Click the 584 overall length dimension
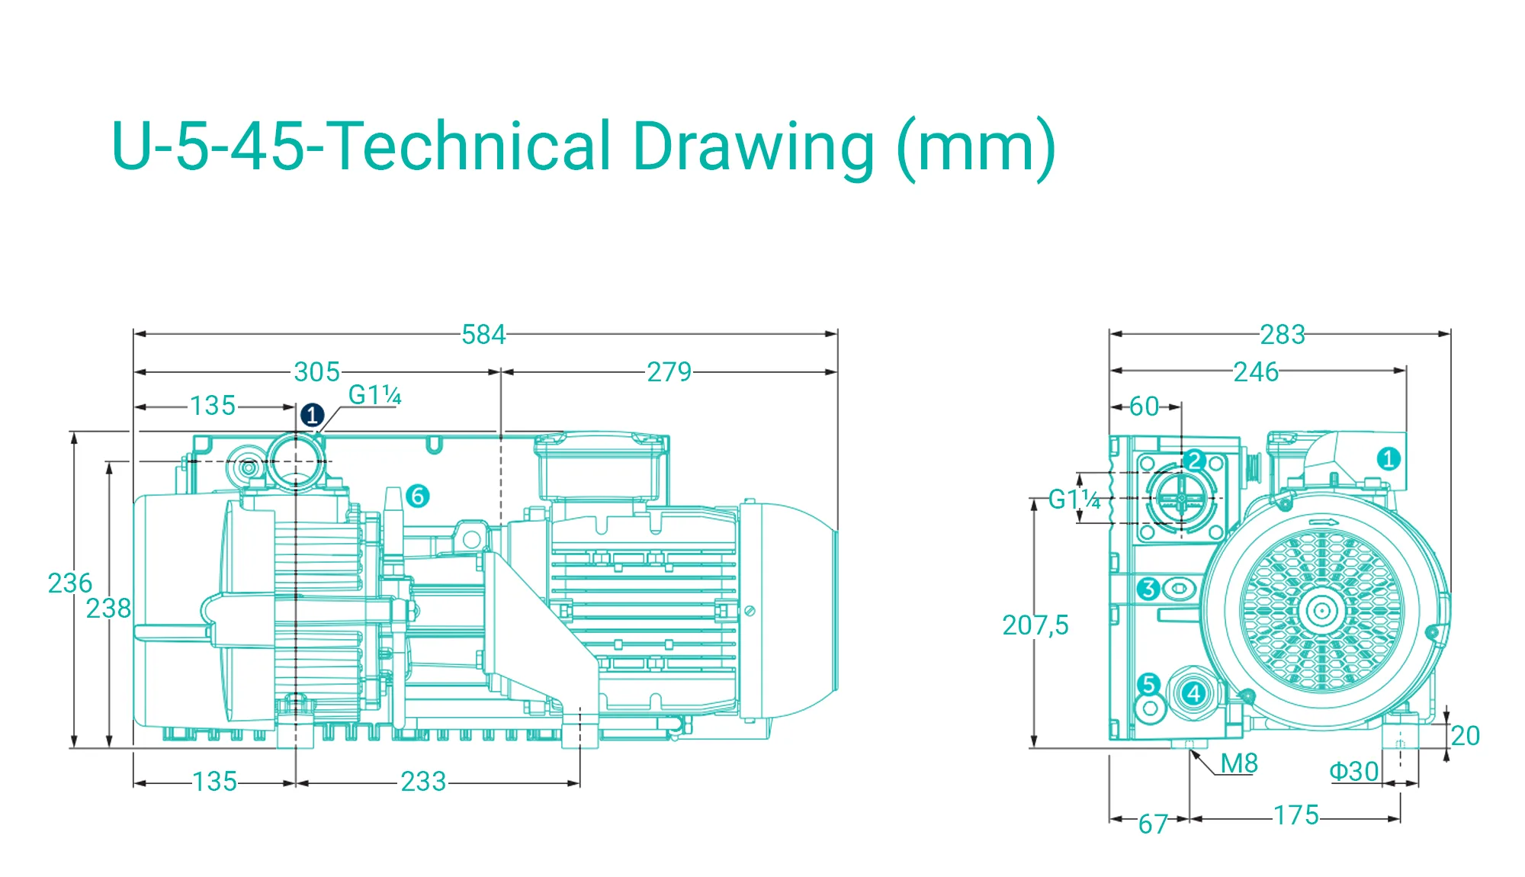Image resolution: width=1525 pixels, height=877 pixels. pyautogui.click(x=483, y=335)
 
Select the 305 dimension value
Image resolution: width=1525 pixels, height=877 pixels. pyautogui.click(x=317, y=372)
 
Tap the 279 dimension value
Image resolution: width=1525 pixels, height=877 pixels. pyautogui.click(x=669, y=372)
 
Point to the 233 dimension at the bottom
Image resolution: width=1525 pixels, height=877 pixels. pyautogui.click(x=424, y=782)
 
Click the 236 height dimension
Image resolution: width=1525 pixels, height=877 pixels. pyautogui.click(x=70, y=583)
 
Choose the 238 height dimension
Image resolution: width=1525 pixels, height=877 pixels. pyautogui.click(x=109, y=609)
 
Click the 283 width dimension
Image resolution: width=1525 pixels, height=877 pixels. pyautogui.click(x=1283, y=335)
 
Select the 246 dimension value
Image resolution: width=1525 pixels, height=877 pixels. pyautogui.click(x=1257, y=372)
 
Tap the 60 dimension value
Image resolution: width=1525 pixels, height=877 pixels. pyautogui.click(x=1145, y=406)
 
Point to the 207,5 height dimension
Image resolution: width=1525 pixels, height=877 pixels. pyautogui.click(x=1035, y=625)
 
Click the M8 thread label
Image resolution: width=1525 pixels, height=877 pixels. pyautogui.click(x=1239, y=763)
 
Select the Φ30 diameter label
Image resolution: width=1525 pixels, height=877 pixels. pyautogui.click(x=1354, y=772)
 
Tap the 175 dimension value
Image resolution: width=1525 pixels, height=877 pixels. pyautogui.click(x=1296, y=815)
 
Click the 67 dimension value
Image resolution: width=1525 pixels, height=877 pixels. pyautogui.click(x=1154, y=824)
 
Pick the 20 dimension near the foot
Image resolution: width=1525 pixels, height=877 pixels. pyautogui.click(x=1466, y=736)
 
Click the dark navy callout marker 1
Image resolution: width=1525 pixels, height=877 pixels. pyautogui.click(x=312, y=416)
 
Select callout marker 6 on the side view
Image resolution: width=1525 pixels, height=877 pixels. pyautogui.click(x=417, y=496)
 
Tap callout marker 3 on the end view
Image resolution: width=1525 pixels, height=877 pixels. pyautogui.click(x=1148, y=589)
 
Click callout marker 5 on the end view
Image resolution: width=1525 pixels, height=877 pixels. pyautogui.click(x=1149, y=684)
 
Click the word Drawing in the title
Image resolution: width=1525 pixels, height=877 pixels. pyautogui.click(x=753, y=147)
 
